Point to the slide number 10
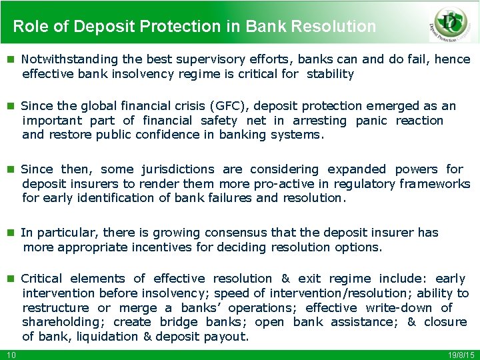11,354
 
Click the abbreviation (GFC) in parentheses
230,106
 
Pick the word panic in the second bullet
371,121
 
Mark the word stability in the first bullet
330,74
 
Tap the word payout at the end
227,337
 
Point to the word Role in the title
28,27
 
